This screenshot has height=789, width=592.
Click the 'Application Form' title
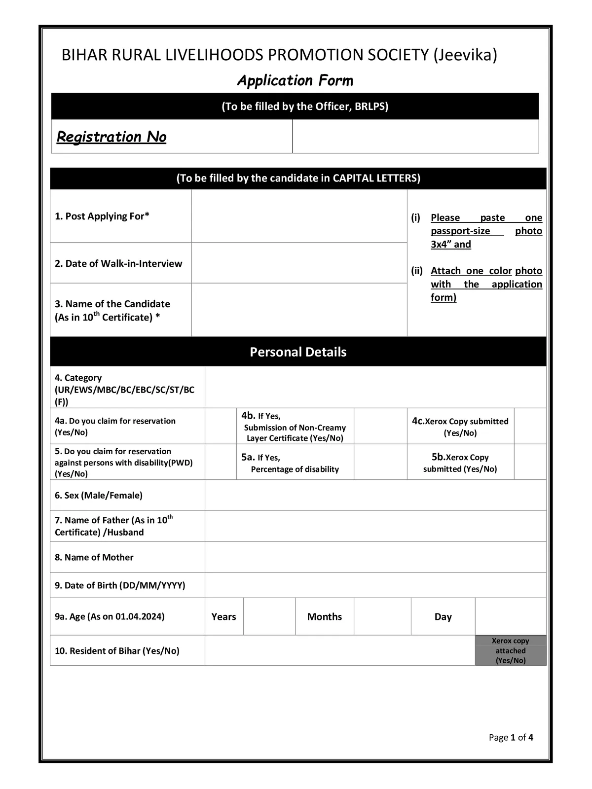click(x=295, y=80)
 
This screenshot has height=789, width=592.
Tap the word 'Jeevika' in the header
click(x=464, y=55)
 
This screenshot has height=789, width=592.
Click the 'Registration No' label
click(x=111, y=137)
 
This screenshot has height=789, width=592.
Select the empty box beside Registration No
click(x=415, y=136)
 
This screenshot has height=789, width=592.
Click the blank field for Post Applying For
click(x=299, y=216)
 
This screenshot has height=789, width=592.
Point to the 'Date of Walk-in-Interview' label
click(x=118, y=263)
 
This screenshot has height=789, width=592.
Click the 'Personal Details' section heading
click(x=298, y=352)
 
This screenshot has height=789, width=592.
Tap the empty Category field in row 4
click(x=375, y=387)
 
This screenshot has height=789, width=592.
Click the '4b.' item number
click(x=248, y=416)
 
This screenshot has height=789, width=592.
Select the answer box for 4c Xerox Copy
click(x=530, y=426)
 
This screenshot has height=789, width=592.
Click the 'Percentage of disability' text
click(x=295, y=469)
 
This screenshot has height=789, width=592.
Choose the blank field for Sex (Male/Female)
click(x=375, y=495)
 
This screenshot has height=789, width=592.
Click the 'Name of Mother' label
click(x=99, y=557)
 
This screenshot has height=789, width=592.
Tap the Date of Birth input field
click(x=375, y=585)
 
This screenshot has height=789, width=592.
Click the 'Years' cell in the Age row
click(x=223, y=617)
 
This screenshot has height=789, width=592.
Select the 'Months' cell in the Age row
click(x=324, y=617)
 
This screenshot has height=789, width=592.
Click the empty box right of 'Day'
click(x=510, y=616)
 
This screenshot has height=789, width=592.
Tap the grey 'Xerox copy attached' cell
click(x=510, y=650)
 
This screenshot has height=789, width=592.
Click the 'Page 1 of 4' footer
click(x=511, y=738)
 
